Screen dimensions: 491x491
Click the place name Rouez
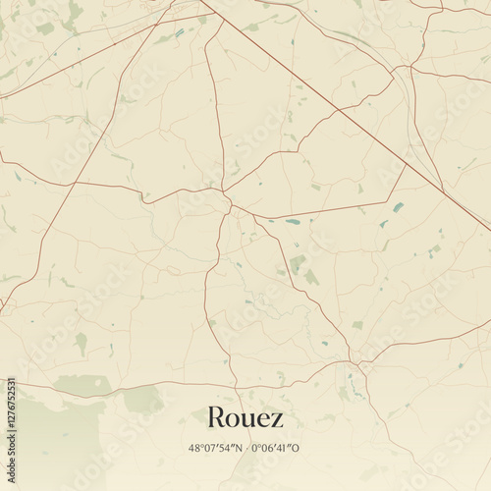coord(245,417)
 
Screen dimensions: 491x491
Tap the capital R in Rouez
coord(215,417)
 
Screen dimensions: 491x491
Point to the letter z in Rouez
coord(278,419)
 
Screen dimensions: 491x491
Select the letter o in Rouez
coord(234,419)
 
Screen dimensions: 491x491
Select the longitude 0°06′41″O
coord(276,448)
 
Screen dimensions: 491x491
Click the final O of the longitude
coord(297,448)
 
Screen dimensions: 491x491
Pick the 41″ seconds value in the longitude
coord(286,448)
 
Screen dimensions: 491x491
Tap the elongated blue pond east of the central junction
coord(293,222)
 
